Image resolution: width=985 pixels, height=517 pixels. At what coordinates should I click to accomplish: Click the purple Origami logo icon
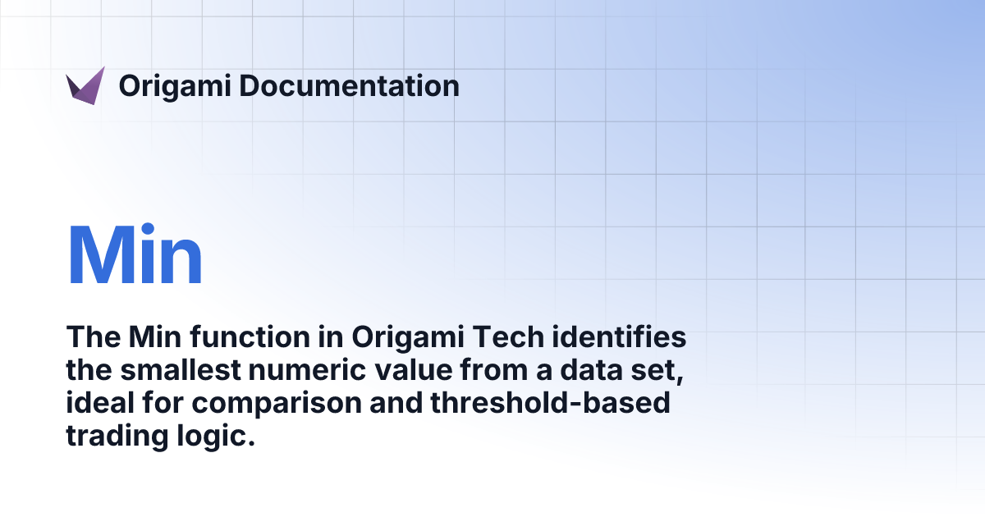click(85, 85)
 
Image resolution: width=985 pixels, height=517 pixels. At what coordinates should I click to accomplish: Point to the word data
click(592, 371)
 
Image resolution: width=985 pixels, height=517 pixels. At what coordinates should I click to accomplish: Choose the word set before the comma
click(657, 371)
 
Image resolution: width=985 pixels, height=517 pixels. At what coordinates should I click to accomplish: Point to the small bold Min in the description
click(147, 338)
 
